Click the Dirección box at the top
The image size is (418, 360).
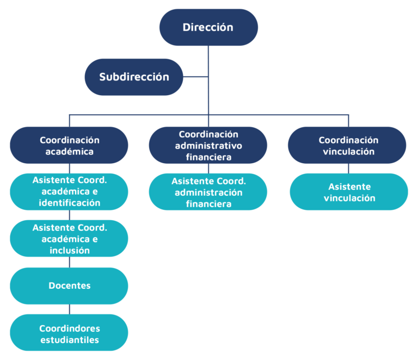click(208, 27)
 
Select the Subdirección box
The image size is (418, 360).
click(134, 77)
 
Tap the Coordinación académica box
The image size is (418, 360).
click(69, 145)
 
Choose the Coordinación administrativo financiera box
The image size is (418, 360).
click(208, 145)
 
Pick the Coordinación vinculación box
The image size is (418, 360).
click(347, 145)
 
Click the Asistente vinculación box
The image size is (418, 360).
click(349, 192)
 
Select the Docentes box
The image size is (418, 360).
click(69, 285)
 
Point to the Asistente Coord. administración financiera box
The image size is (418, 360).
click(208, 192)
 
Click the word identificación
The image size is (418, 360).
click(70, 203)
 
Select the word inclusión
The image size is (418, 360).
click(70, 250)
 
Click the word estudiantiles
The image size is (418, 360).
click(70, 340)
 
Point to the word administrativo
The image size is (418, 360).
click(208, 146)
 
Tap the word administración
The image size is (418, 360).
click(208, 193)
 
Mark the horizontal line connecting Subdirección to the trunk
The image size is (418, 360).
click(196, 77)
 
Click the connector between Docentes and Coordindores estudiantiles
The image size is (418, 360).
click(70, 309)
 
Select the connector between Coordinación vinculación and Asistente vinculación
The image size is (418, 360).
click(348, 169)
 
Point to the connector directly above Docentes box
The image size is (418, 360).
click(70, 262)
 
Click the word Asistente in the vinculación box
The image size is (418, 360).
click(349, 187)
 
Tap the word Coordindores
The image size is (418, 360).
click(70, 328)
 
